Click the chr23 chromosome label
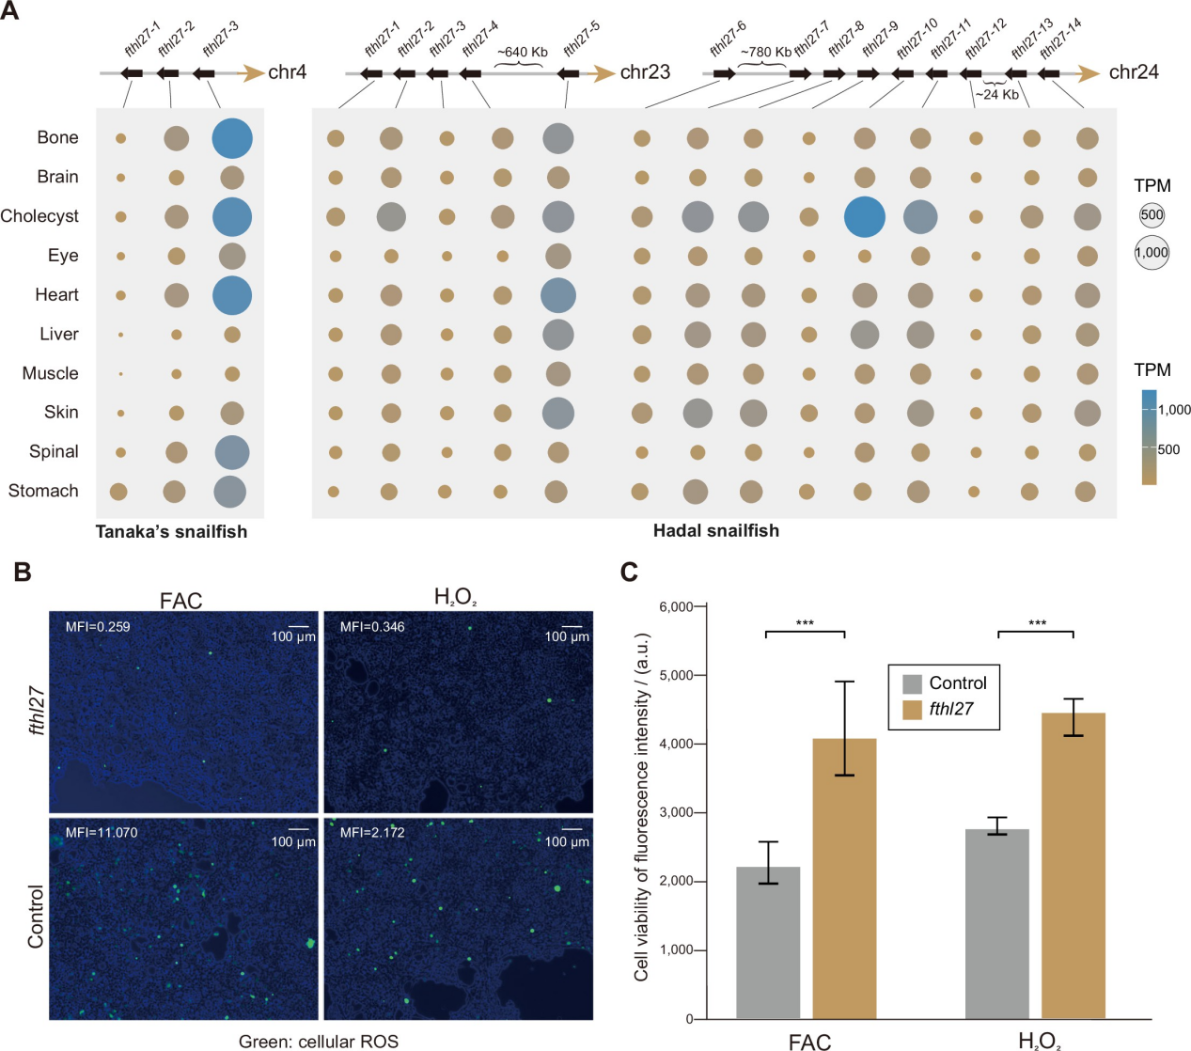(x=645, y=72)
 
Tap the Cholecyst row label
(x=39, y=216)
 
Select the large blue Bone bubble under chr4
(x=232, y=138)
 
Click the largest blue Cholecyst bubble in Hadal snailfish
(x=864, y=217)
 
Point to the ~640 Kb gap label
(x=522, y=52)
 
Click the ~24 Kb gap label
(x=996, y=94)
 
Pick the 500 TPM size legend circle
(x=1152, y=215)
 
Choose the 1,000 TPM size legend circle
(x=1152, y=252)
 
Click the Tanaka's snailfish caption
(x=171, y=531)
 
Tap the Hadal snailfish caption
(x=715, y=530)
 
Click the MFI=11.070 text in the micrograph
(x=102, y=832)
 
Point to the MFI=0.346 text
(x=372, y=626)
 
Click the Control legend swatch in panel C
(x=912, y=683)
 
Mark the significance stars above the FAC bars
(x=805, y=623)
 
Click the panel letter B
(x=23, y=572)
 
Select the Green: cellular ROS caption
(x=318, y=1042)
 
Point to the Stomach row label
(x=43, y=491)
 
